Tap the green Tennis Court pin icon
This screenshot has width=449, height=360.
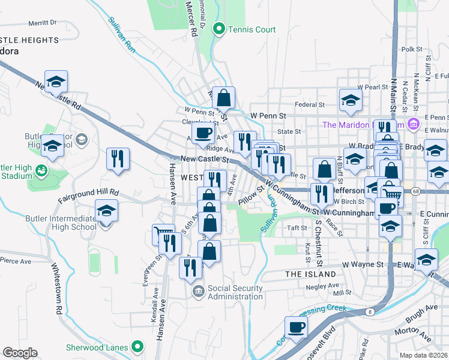220,29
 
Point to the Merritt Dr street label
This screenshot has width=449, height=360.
42,22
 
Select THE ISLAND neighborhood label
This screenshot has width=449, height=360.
310,274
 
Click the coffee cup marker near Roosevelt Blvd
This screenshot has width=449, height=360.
296,328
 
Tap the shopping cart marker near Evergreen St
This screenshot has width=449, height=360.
163,235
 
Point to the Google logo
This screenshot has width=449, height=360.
20,353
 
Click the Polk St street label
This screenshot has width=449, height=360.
412,49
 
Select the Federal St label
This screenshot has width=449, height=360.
310,104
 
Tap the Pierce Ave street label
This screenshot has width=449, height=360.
16,261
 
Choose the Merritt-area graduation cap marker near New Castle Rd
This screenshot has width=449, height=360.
56,82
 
